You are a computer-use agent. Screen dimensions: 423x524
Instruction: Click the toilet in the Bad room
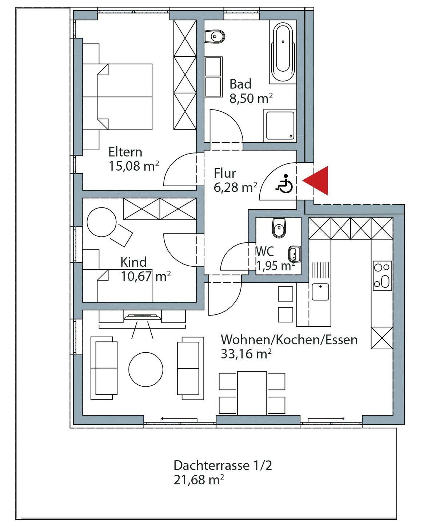[215, 37]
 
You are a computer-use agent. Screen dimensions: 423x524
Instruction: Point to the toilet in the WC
[279, 227]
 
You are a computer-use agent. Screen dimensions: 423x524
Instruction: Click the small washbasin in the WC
[294, 254]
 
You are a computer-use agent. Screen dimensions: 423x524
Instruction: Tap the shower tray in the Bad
[280, 126]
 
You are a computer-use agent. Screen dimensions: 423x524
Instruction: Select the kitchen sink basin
[320, 292]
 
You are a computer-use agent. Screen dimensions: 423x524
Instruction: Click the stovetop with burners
[382, 275]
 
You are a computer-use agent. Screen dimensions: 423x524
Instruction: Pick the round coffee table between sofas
[145, 369]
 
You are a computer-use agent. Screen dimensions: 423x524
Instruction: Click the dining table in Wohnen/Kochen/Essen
[252, 393]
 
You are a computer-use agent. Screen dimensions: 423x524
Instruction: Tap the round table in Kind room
[101, 222]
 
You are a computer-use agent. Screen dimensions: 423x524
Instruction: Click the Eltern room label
[125, 152]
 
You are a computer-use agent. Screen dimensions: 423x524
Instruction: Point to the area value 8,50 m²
[251, 98]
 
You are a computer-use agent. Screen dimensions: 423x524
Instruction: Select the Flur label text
[225, 173]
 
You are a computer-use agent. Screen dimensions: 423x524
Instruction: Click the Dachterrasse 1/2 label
[223, 465]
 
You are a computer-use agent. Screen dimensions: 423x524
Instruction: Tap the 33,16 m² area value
[246, 354]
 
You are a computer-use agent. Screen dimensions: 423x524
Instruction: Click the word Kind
[133, 262]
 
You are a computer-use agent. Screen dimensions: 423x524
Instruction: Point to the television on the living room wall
[143, 317]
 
